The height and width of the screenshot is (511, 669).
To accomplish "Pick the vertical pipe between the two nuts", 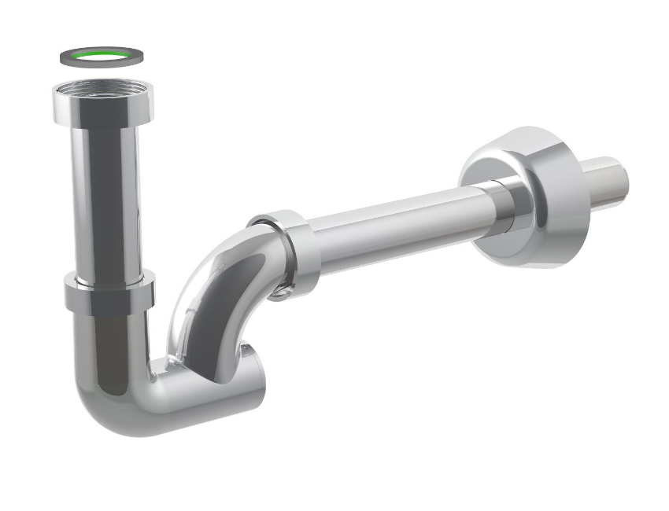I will [108, 197].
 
